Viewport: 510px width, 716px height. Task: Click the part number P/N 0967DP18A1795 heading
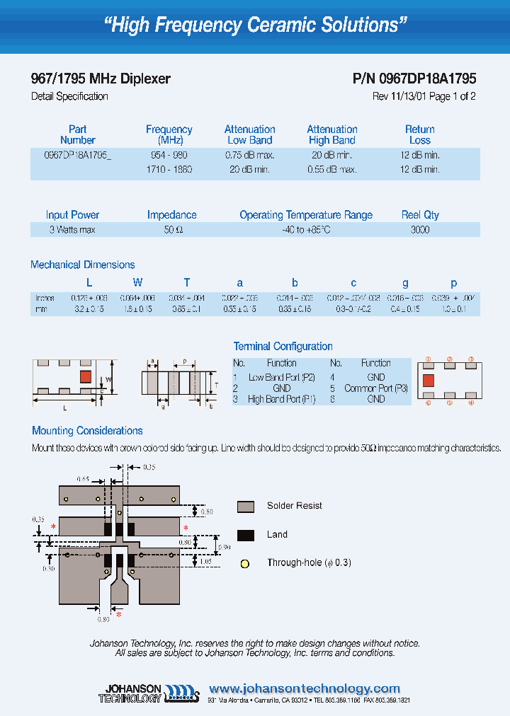coord(414,79)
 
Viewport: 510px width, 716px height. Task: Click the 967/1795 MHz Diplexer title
coord(101,79)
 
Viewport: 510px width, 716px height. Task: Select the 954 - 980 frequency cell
coord(169,155)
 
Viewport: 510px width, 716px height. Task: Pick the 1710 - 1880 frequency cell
coord(169,170)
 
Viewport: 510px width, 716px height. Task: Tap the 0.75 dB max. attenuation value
coord(250,155)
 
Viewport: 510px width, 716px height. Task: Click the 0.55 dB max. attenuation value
coord(332,170)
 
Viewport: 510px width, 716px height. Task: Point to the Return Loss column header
coord(419,134)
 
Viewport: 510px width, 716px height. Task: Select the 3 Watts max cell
coord(72,230)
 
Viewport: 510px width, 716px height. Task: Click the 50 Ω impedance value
coord(172,230)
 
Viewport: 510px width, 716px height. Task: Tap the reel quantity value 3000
coord(420,230)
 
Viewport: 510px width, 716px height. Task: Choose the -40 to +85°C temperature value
coord(305,230)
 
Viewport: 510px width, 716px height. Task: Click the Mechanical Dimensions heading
coord(83,265)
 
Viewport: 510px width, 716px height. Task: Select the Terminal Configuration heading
coord(283,346)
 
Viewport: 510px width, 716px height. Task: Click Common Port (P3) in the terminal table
coord(376,388)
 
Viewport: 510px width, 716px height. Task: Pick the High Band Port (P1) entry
coord(281,399)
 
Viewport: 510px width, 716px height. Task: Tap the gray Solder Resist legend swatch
coord(246,506)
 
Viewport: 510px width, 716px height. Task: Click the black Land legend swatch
coord(246,535)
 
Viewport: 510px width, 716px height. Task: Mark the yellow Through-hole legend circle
coord(245,564)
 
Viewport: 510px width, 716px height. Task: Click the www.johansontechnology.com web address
coord(305,688)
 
